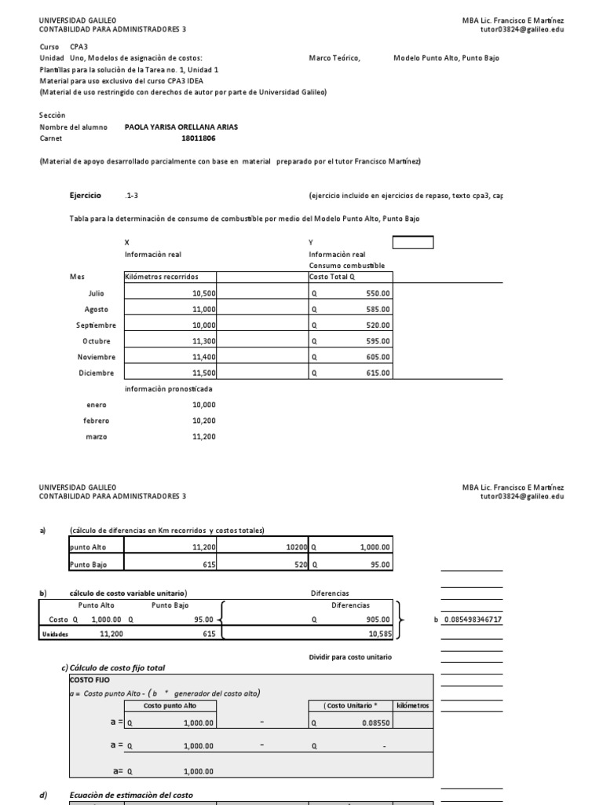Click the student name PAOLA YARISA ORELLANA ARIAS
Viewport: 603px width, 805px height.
(x=181, y=127)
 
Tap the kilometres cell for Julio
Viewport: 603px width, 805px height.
(x=203, y=292)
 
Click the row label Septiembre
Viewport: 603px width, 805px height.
(x=96, y=325)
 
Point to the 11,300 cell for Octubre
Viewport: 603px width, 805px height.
(x=203, y=341)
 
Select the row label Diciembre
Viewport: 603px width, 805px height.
(x=96, y=373)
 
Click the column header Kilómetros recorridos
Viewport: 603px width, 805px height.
(x=162, y=277)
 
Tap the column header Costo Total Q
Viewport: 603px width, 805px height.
(x=333, y=277)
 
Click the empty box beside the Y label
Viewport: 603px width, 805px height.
(x=412, y=243)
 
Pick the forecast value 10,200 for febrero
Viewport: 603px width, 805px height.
(x=203, y=421)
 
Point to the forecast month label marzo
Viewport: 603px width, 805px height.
(x=96, y=436)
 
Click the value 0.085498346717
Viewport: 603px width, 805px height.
(x=484, y=619)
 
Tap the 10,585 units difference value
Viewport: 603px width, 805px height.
(x=376, y=633)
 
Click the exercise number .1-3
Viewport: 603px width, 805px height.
(x=131, y=195)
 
